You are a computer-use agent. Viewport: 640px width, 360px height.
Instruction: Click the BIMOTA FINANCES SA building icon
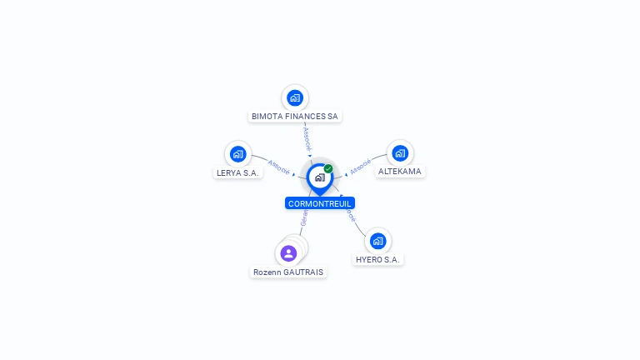tap(294, 97)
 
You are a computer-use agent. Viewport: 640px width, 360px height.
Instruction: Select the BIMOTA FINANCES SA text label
tap(295, 117)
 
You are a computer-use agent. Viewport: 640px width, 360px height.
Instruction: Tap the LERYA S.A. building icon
tap(237, 153)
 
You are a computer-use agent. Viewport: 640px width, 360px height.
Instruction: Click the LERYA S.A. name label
tap(238, 172)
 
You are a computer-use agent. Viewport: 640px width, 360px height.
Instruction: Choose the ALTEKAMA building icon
tap(400, 152)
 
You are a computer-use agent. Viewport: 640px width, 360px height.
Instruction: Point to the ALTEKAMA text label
tap(400, 172)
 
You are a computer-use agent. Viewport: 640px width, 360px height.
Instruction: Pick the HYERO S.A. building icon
tap(378, 241)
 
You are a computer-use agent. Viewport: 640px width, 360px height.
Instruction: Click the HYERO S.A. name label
tap(378, 260)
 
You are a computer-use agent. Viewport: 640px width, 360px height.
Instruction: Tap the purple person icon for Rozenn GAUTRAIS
tap(288, 252)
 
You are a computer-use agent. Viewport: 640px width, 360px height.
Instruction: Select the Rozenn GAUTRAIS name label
tap(288, 272)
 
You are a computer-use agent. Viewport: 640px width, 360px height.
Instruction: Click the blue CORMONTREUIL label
tap(320, 203)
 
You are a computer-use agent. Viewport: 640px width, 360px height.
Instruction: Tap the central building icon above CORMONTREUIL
tap(319, 177)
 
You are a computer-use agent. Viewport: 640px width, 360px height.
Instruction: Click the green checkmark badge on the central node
tap(328, 168)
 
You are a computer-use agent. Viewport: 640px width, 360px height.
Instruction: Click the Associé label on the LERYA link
tap(279, 167)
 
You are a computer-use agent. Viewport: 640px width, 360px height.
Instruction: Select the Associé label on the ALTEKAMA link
tap(360, 167)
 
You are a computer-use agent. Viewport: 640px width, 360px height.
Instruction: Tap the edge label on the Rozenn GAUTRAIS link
tap(304, 219)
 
